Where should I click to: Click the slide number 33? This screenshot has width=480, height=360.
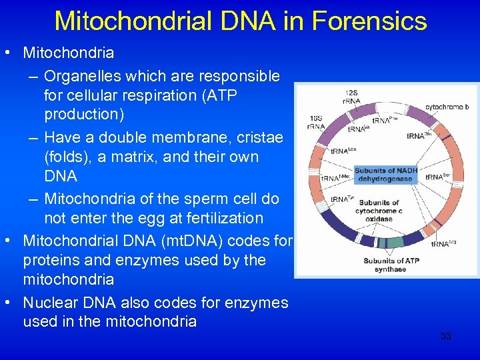(x=445, y=336)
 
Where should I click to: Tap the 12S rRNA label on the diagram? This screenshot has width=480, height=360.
(x=352, y=97)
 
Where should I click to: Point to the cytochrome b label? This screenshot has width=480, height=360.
(x=447, y=107)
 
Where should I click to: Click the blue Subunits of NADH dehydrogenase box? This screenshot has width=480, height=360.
(x=386, y=175)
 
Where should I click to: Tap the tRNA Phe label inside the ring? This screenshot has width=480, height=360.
(x=381, y=121)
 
